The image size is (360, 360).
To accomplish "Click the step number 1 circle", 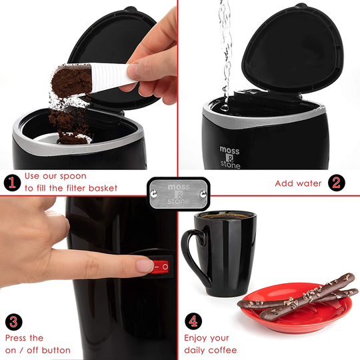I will click(11, 182).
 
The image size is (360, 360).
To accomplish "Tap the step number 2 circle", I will click(335, 182).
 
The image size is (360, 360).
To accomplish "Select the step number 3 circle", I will click(11, 322).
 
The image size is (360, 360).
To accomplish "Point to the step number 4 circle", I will click(193, 322).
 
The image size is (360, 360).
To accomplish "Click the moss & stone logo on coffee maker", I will click(230, 157).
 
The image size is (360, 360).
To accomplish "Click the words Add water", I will click(298, 183).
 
